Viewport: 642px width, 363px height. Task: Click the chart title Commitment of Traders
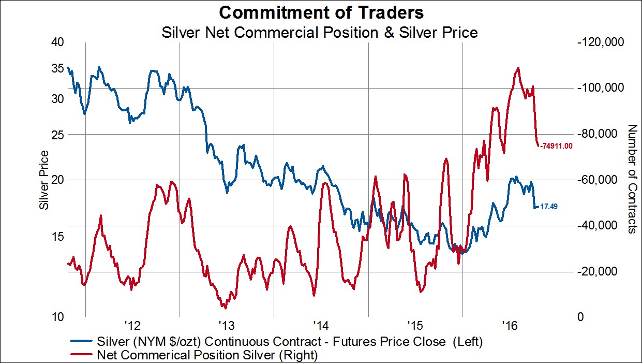[321, 12]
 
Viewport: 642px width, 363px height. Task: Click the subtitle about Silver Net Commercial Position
[319, 33]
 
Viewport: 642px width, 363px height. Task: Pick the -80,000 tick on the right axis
[603, 134]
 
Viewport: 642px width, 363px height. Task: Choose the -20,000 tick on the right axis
[603, 271]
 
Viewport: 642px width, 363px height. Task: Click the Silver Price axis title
[44, 180]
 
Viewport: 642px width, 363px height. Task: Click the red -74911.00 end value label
[556, 146]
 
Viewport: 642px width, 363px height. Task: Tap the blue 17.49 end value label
[548, 206]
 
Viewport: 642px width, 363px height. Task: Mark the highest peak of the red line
[518, 68]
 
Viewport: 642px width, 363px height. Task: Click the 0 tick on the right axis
[583, 317]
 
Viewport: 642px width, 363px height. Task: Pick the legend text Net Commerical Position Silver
[207, 355]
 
